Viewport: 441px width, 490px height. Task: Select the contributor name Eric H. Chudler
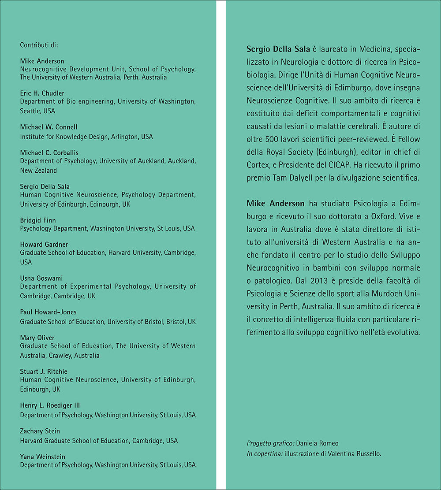click(x=42, y=93)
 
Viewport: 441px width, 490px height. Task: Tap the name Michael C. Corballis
click(x=48, y=152)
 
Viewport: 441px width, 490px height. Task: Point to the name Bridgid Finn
click(x=38, y=220)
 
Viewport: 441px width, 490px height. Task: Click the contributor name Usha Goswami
click(x=41, y=278)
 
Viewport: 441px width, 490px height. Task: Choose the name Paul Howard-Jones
click(x=48, y=312)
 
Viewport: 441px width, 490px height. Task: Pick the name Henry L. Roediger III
click(x=50, y=405)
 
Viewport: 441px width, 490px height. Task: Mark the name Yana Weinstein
click(x=42, y=457)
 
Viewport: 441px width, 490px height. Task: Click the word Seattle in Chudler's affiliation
click(x=31, y=111)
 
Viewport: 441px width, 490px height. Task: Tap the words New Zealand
click(x=38, y=171)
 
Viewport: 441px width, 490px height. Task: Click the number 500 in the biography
click(x=270, y=139)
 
